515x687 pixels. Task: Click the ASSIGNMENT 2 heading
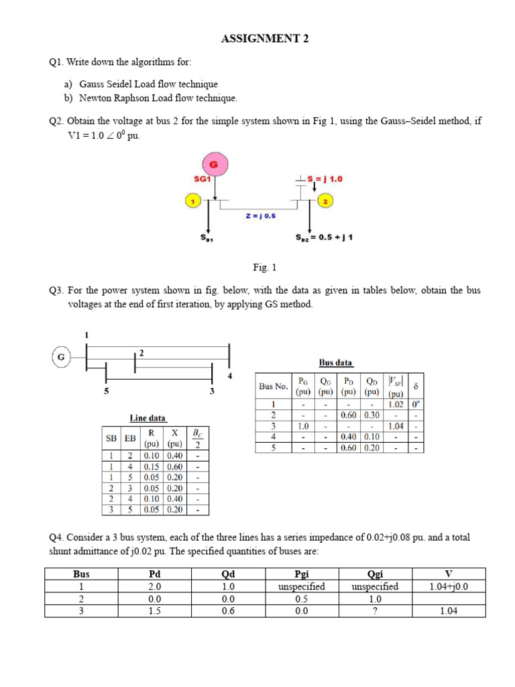pyautogui.click(x=265, y=39)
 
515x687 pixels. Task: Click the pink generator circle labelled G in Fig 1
pyautogui.click(x=215, y=164)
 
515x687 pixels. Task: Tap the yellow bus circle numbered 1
pyautogui.click(x=192, y=201)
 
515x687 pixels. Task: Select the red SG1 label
pyautogui.click(x=203, y=180)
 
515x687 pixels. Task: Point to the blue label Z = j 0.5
pyautogui.click(x=261, y=216)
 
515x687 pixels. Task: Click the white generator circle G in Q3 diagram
pyautogui.click(x=61, y=357)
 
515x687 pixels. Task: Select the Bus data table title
pyautogui.click(x=335, y=362)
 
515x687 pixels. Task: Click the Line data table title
pyautogui.click(x=148, y=418)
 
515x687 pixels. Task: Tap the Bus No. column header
pyautogui.click(x=273, y=386)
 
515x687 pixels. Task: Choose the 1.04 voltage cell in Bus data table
pyautogui.click(x=396, y=426)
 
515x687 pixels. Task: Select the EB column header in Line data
pyautogui.click(x=130, y=438)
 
